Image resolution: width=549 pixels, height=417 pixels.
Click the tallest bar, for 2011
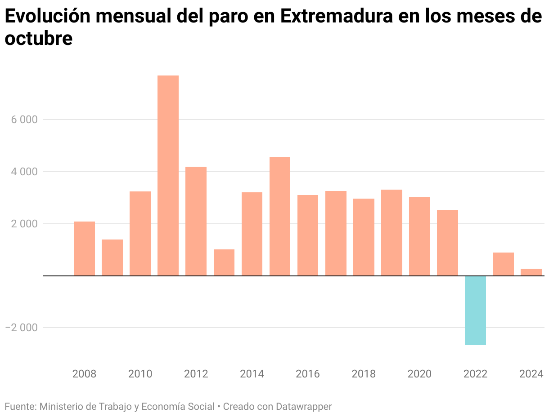[168, 175]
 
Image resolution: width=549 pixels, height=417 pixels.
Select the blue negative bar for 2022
[475, 310]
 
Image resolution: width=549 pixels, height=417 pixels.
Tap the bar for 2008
[84, 248]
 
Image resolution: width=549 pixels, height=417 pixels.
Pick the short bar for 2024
[531, 272]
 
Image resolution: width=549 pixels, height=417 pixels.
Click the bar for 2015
[280, 216]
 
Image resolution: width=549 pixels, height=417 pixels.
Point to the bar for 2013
[224, 262]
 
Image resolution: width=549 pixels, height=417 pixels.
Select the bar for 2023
[503, 264]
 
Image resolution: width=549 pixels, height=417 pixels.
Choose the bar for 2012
[196, 221]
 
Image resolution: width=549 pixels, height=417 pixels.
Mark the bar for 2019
[391, 233]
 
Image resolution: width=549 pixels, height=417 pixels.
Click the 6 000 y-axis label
[21, 120]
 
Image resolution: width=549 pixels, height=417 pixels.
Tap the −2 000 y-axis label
[21, 328]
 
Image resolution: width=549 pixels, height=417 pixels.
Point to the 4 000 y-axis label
[21, 172]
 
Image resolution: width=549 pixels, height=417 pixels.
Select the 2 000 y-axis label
[21, 224]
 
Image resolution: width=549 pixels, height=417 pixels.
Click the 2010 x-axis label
[140, 374]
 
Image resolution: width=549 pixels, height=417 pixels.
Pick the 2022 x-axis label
[475, 374]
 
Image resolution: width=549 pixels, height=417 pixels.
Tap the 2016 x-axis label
[308, 374]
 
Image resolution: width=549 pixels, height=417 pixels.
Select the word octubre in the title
[38, 39]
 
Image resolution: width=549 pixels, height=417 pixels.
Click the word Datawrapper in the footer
[304, 407]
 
